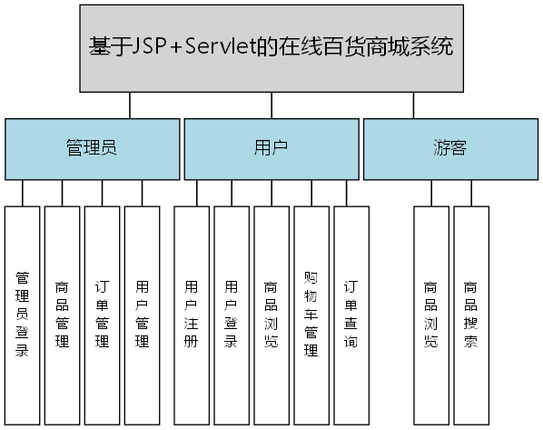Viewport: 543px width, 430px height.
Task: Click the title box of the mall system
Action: tap(271, 47)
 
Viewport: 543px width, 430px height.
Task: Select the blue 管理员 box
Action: tap(91, 148)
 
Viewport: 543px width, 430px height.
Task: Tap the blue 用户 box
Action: tap(271, 148)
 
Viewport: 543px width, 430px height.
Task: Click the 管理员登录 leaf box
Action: tap(23, 314)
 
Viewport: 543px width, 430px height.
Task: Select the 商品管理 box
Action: tap(62, 314)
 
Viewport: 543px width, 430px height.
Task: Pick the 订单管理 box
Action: tap(102, 314)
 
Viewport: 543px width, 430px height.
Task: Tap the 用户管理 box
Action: tap(142, 314)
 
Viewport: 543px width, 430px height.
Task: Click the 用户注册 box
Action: tap(191, 314)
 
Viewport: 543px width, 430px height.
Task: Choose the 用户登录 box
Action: tap(231, 314)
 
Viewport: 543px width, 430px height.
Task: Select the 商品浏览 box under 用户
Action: tap(271, 314)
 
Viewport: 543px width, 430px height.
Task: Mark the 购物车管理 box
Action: tap(311, 314)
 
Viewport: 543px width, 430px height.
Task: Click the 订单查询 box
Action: tap(350, 314)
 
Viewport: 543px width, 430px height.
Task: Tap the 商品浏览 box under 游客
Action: tap(430, 314)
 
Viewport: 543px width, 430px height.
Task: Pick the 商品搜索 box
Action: tap(470, 314)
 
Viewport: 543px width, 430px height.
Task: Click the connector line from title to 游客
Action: tap(414, 105)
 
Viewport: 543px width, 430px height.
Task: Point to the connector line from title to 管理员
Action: tap(130, 105)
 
